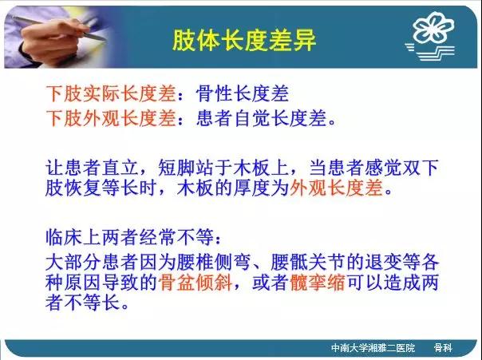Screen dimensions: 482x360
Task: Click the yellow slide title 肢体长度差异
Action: point(244,40)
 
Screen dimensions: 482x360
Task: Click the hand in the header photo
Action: point(52,40)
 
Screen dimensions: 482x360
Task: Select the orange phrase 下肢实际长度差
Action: point(111,93)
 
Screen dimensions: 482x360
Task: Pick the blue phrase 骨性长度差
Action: point(243,93)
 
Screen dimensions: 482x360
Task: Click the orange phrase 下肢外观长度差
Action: point(111,118)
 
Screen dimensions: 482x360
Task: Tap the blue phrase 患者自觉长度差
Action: point(261,118)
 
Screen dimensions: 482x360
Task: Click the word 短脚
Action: point(176,168)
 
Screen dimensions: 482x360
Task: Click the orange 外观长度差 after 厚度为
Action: point(336,188)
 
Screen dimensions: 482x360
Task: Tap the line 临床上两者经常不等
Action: point(129,237)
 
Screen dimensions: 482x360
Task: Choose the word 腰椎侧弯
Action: point(213,263)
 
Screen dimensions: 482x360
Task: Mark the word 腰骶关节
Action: point(307,263)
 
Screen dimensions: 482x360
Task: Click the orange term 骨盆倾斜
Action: point(196,283)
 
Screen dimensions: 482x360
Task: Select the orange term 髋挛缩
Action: point(318,283)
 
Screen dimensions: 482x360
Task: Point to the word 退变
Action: point(382,263)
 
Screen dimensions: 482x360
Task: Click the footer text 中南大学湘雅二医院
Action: point(373,348)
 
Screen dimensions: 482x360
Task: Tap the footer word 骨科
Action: point(443,348)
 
